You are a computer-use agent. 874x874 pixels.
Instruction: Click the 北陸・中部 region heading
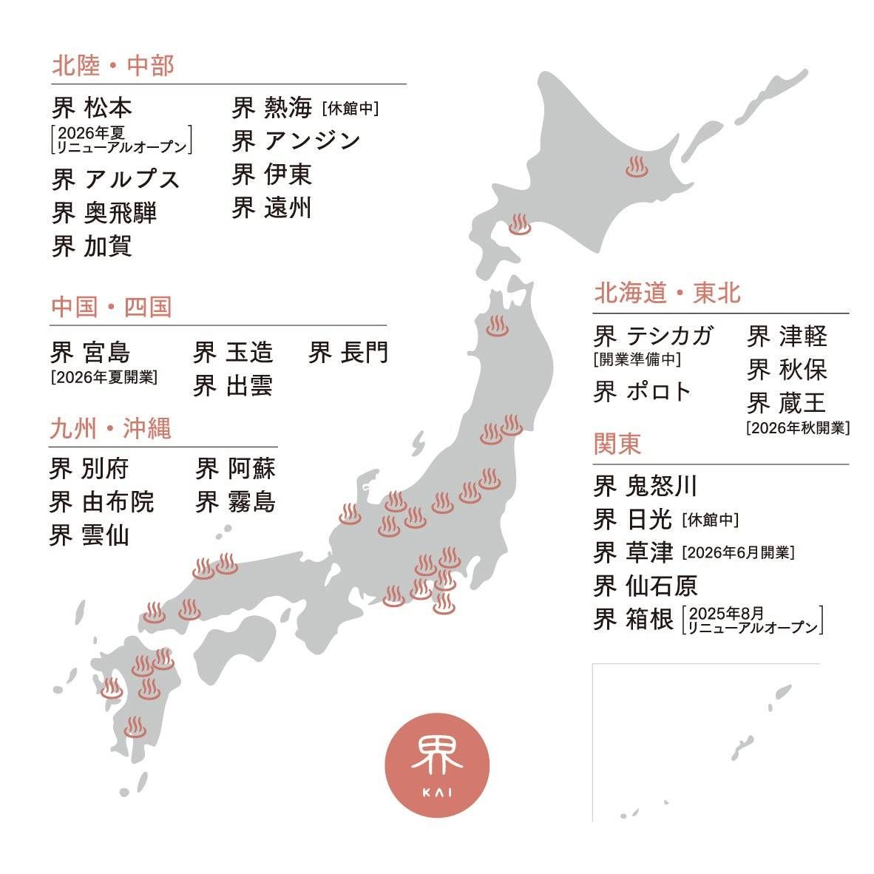pos(112,66)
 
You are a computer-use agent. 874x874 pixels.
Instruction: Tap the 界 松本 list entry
pos(92,108)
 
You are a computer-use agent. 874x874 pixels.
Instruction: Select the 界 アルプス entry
pos(115,179)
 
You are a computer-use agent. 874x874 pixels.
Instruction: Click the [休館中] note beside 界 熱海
pos(350,109)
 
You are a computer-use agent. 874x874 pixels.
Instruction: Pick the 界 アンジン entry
pos(296,140)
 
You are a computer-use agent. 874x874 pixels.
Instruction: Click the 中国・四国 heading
pos(111,307)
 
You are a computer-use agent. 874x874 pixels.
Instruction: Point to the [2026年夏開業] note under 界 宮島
pos(104,376)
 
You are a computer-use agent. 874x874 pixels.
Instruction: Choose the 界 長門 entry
pos(348,352)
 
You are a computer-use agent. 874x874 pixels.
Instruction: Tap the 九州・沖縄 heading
pos(110,429)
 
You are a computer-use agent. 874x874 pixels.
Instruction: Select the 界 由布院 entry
pos(101,501)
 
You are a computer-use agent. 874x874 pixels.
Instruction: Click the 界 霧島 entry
pos(235,501)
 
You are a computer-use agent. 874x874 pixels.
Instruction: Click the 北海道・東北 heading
pos(667,294)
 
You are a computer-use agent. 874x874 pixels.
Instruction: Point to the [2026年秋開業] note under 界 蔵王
pos(798,427)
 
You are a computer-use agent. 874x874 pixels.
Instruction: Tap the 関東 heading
pos(617,444)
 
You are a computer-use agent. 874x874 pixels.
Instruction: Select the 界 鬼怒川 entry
pos(645,486)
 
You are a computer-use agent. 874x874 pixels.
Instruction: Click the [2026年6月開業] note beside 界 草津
pos(738,552)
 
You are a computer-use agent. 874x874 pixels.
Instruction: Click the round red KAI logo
pos(437,770)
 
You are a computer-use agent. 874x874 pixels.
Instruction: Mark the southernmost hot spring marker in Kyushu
pos(135,727)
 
